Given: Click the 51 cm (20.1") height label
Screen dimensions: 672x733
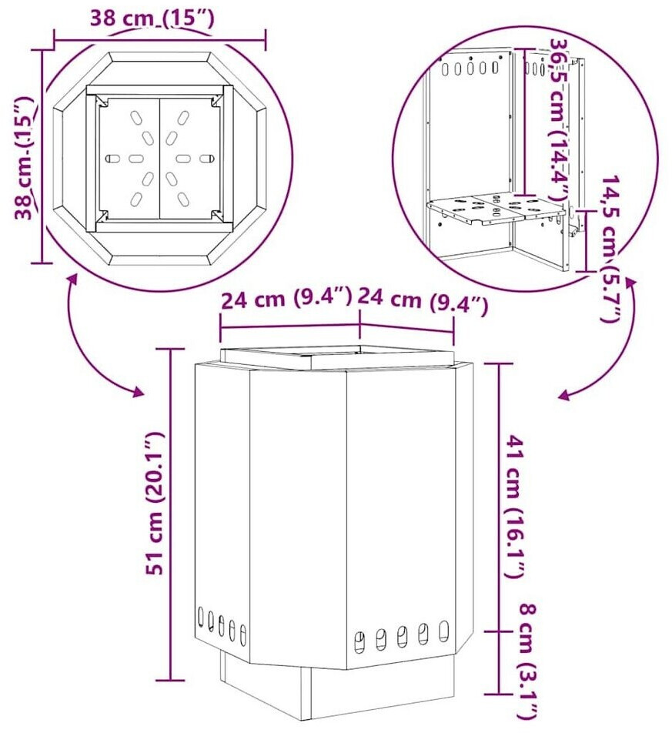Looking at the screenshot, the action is click(155, 503).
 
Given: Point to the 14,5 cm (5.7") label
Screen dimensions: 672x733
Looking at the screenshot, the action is click(610, 249).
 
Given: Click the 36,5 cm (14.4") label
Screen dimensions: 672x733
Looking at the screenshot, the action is click(560, 120).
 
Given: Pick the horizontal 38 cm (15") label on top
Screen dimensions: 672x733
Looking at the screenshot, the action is click(153, 18).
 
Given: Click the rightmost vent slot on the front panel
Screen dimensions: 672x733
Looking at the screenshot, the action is click(443, 631).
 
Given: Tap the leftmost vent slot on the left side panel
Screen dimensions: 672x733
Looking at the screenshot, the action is click(201, 617).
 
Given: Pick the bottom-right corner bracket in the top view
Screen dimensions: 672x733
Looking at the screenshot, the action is click(217, 216).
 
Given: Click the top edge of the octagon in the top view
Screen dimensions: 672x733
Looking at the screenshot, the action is click(160, 56).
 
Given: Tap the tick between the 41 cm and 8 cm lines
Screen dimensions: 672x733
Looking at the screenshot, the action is click(499, 631).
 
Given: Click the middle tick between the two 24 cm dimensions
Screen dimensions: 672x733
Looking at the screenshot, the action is click(359, 326).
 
